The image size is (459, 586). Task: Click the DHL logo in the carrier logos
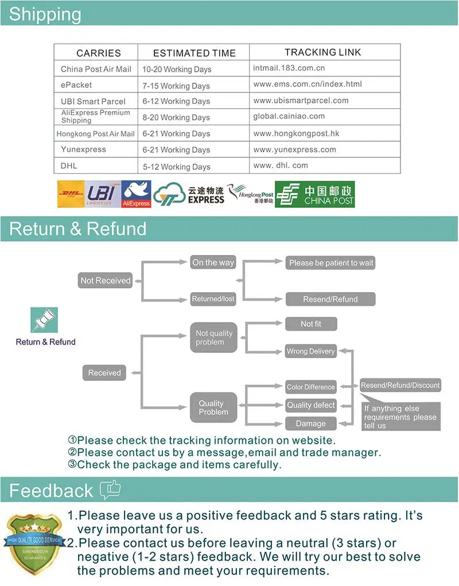click(x=71, y=194)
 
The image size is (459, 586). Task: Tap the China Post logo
click(x=315, y=194)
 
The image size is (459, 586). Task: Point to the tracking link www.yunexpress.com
click(x=294, y=149)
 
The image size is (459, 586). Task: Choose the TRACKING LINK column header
click(x=323, y=52)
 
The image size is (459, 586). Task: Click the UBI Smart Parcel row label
click(x=93, y=101)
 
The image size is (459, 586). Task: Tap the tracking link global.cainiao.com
click(x=289, y=116)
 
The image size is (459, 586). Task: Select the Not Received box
click(x=106, y=281)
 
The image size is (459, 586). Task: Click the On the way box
click(x=213, y=262)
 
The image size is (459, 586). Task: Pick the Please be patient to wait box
click(x=331, y=263)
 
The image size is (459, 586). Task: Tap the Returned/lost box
click(x=213, y=299)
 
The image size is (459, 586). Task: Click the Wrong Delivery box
click(x=310, y=351)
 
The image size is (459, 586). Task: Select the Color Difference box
click(x=310, y=387)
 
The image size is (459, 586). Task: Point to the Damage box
click(x=310, y=424)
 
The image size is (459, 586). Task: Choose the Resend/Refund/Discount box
click(x=400, y=386)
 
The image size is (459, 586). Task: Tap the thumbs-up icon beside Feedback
click(x=110, y=489)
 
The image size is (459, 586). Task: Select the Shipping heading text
click(x=45, y=14)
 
